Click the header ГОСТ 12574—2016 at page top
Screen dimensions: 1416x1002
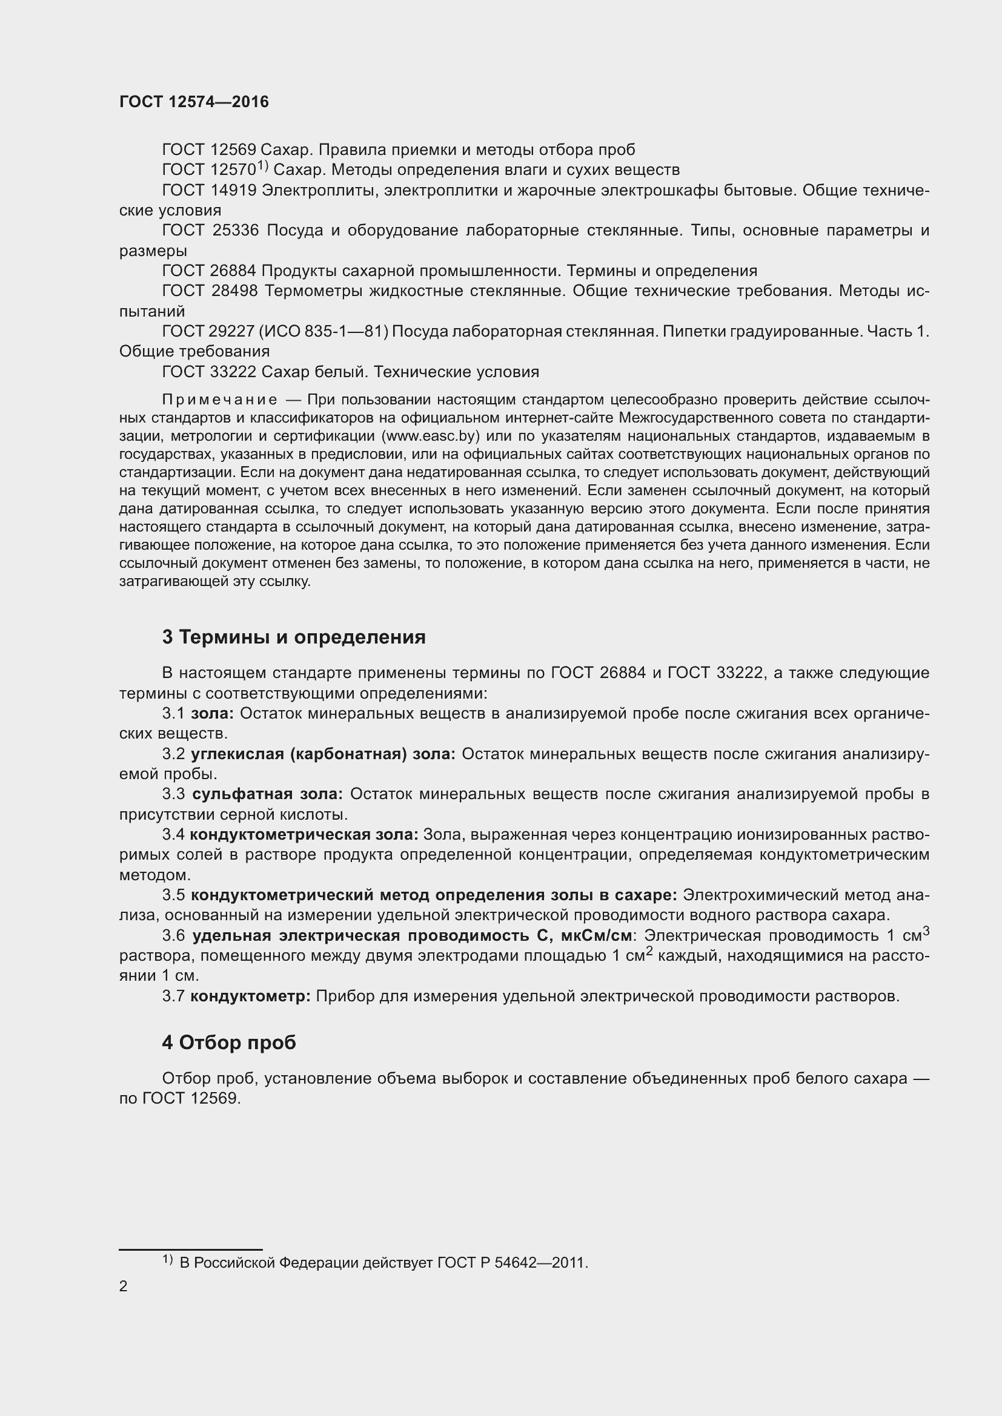pos(194,102)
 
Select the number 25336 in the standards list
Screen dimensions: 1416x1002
pos(236,231)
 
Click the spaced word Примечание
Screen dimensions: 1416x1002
pos(219,401)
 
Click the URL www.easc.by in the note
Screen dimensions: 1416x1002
pos(431,436)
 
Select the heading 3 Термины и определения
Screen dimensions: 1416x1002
pos(294,637)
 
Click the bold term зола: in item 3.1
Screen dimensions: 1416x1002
pos(211,714)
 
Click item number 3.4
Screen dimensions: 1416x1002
pos(173,835)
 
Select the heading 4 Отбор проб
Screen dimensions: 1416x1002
pos(229,1043)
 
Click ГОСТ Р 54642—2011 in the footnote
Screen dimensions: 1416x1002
pos(513,1263)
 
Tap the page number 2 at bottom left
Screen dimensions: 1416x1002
pos(124,1286)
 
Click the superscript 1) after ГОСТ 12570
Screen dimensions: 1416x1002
pos(262,165)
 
